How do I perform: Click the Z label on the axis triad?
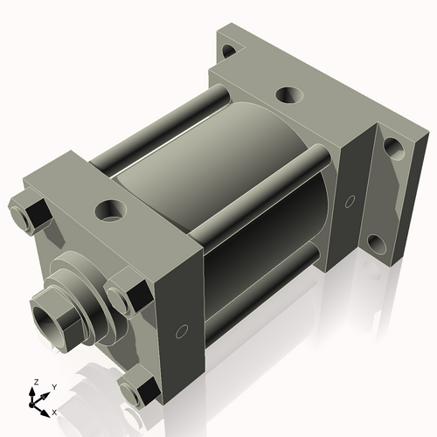(x=36, y=383)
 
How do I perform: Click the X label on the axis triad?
(x=54, y=411)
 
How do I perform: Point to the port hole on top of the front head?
(x=112, y=209)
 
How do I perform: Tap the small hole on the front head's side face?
(x=182, y=331)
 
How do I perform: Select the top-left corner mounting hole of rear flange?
(x=229, y=50)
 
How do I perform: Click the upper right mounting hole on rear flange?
(x=392, y=145)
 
